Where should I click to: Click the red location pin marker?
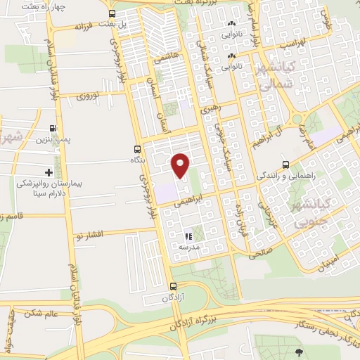(180, 165)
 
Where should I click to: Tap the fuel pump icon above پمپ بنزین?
(53, 129)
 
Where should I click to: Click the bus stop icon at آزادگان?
(174, 286)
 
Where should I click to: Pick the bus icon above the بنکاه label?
(137, 149)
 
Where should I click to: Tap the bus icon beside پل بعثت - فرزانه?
(112, 13)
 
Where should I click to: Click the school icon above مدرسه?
(188, 236)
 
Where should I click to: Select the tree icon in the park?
(300, 351)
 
